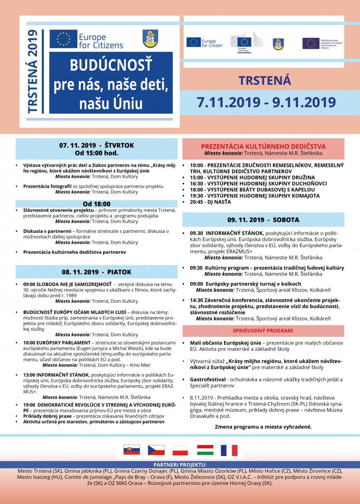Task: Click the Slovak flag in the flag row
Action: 131,450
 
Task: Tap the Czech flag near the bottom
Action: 157,450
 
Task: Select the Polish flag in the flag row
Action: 180,450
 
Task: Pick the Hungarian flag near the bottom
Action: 205,450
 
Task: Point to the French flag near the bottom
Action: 229,450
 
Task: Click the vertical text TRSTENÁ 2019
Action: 33,72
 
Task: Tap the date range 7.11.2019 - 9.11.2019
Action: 266,102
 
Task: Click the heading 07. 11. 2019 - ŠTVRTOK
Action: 97,145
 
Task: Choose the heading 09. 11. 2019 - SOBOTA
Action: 263,220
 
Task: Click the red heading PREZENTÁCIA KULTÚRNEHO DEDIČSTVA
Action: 263,146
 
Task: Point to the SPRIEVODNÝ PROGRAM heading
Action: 263,330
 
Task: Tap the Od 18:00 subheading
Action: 97,203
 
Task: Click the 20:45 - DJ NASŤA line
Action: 211,202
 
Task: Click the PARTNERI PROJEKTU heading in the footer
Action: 180,464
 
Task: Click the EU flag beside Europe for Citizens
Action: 64,39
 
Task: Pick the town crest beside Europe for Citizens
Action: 150,39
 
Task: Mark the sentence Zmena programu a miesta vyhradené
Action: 263,427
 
